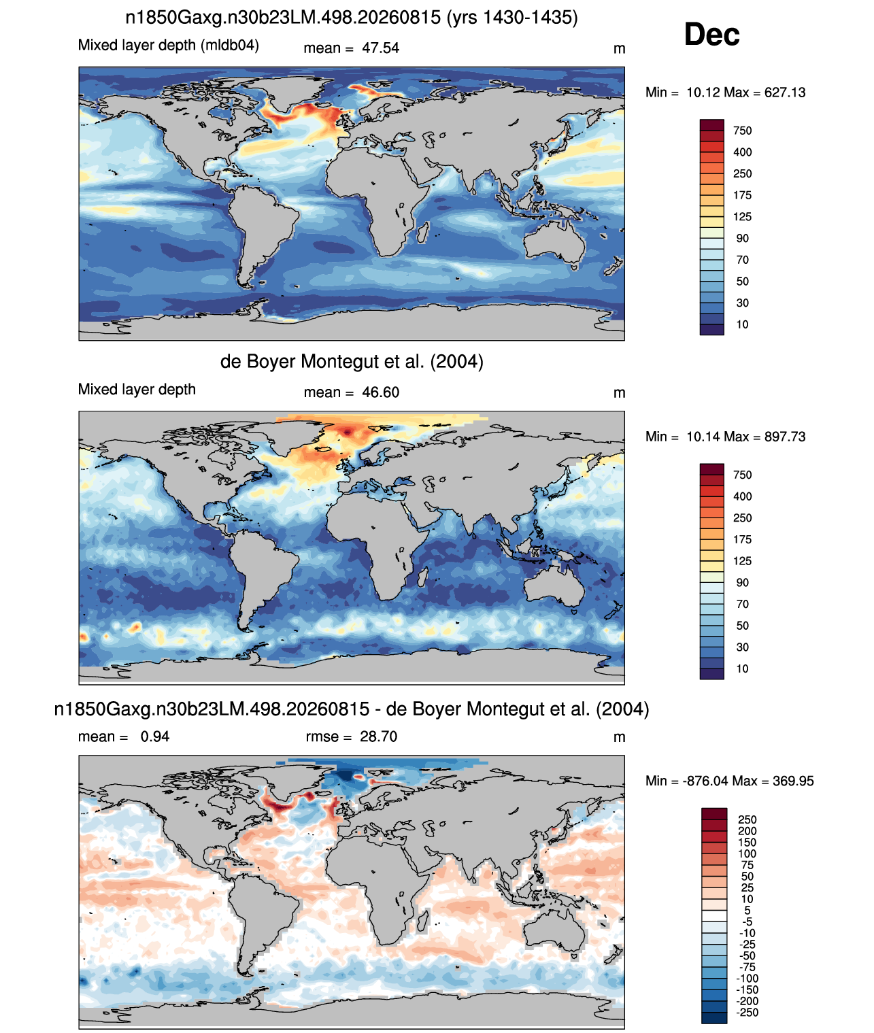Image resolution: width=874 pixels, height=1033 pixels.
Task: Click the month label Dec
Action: click(711, 35)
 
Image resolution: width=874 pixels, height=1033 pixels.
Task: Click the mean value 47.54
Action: click(380, 48)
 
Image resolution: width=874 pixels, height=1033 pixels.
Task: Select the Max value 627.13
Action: click(784, 92)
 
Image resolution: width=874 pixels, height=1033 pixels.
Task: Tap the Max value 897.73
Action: click(784, 437)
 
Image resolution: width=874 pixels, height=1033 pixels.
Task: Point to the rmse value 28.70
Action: click(378, 736)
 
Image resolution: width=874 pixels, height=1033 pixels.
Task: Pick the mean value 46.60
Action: click(380, 392)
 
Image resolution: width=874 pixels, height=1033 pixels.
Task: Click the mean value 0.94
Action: click(155, 736)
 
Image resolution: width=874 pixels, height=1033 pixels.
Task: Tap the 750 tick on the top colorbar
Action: click(742, 131)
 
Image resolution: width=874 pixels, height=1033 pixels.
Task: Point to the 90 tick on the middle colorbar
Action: click(742, 583)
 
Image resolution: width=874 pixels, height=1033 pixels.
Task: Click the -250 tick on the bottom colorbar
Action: click(749, 1013)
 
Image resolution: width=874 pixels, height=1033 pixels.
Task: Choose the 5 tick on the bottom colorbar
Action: click(747, 911)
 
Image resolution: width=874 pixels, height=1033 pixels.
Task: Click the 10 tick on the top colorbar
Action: click(742, 324)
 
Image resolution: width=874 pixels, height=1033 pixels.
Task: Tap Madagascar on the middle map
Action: click(422, 577)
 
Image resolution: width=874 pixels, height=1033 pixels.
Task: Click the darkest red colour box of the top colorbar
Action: click(711, 125)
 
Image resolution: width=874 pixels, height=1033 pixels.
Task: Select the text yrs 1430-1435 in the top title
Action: click(512, 18)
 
